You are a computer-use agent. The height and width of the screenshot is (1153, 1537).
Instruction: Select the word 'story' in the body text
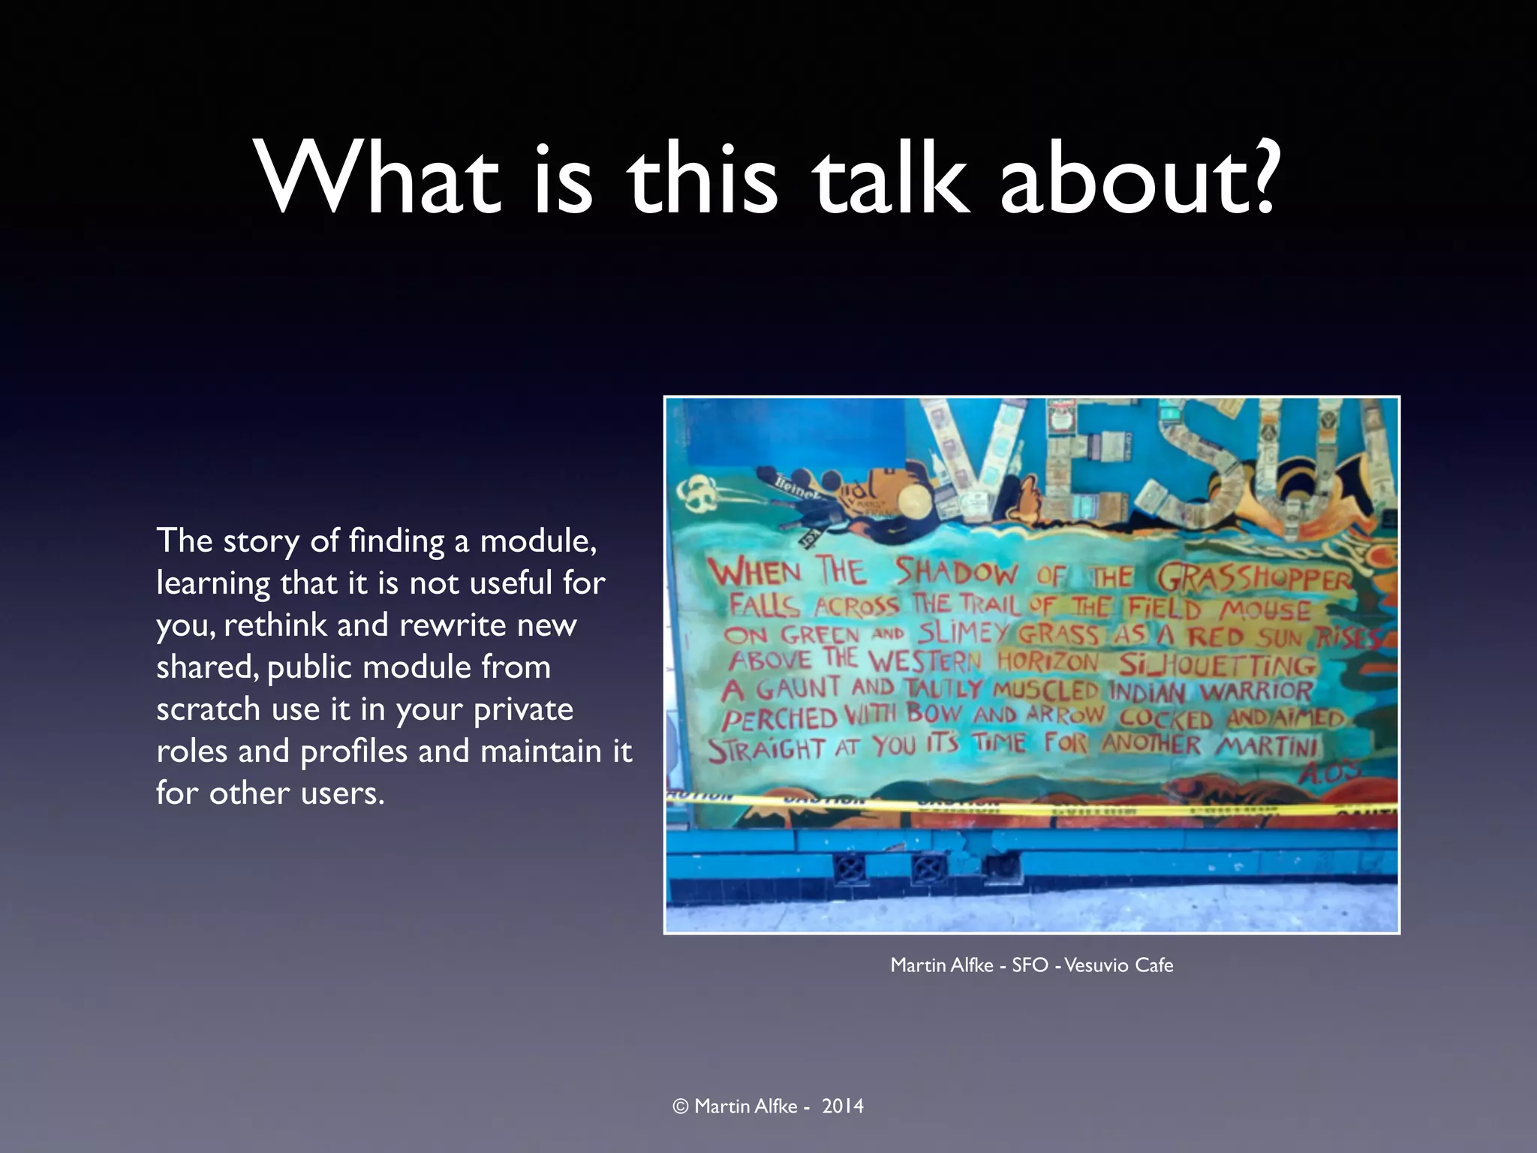click(261, 542)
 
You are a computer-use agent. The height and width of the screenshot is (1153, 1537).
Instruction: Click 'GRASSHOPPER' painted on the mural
click(1254, 579)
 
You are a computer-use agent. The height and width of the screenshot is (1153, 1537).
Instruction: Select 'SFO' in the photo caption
click(1030, 965)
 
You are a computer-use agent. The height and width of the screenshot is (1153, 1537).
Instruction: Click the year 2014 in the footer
click(842, 1106)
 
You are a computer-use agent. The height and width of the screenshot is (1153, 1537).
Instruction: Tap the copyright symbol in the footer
click(681, 1106)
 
